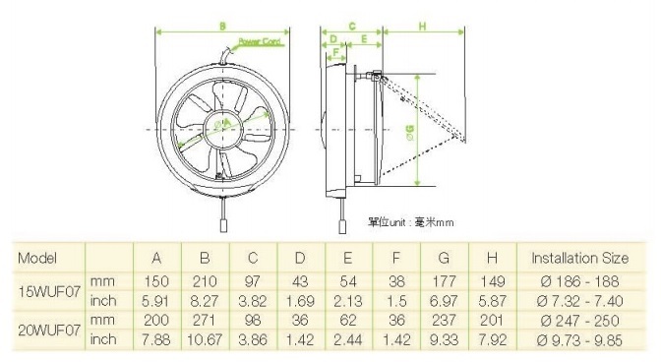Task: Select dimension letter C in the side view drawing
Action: click(x=351, y=25)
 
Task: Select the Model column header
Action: click(x=38, y=259)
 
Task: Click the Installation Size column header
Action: click(x=578, y=259)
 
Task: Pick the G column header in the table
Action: click(x=444, y=259)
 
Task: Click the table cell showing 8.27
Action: click(x=205, y=300)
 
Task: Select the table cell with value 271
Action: click(x=205, y=320)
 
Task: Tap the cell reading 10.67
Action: click(x=205, y=339)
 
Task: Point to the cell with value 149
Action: click(x=493, y=281)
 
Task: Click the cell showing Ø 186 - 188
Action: click(x=578, y=281)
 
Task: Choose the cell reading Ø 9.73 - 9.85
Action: click(x=578, y=339)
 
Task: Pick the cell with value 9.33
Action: click(x=444, y=339)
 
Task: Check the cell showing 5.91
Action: click(x=155, y=300)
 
